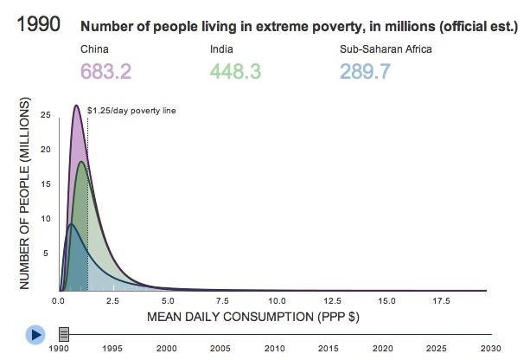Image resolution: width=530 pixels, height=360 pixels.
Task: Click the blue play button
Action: click(x=35, y=333)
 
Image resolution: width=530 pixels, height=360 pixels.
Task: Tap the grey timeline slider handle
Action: click(x=64, y=333)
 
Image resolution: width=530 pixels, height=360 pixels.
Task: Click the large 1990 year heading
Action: click(x=36, y=23)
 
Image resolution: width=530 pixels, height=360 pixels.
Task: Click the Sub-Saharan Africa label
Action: click(x=386, y=48)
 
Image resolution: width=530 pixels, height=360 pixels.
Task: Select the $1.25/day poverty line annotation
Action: click(x=132, y=111)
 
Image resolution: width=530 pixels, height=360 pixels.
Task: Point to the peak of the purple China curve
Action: click(x=76, y=106)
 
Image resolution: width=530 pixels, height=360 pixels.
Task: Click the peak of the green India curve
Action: click(x=82, y=162)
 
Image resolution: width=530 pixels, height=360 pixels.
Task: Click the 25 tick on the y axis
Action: click(x=45, y=114)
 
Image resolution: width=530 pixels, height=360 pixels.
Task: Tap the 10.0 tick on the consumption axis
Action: click(x=277, y=301)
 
